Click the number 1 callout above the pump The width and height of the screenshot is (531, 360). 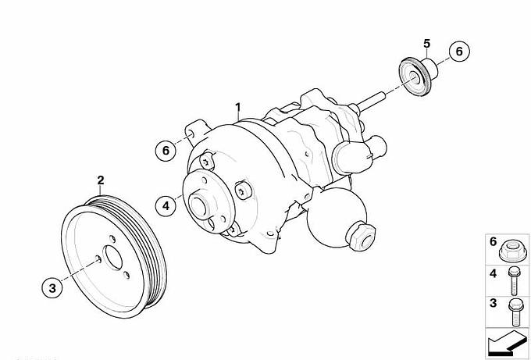238,107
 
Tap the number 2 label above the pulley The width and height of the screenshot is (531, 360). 101,180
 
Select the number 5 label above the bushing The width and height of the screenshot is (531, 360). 426,44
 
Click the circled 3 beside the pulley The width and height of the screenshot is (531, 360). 52,288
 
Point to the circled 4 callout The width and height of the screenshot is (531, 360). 166,205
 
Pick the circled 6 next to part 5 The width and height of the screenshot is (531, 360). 459,51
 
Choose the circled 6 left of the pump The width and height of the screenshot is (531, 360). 166,151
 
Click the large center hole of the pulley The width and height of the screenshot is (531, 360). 112,258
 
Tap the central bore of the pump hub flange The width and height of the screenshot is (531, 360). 198,205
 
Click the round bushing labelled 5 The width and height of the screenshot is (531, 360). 419,76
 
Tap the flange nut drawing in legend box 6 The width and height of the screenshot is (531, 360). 513,251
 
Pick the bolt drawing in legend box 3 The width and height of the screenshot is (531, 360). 515,312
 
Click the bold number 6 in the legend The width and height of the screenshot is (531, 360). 493,242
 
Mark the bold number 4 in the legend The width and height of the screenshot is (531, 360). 493,273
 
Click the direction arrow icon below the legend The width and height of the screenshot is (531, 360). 506,343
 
